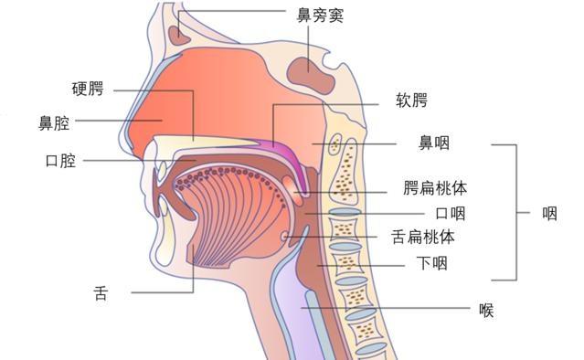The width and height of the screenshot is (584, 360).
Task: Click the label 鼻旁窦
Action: click(320, 16)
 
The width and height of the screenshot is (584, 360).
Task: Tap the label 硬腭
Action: click(88, 89)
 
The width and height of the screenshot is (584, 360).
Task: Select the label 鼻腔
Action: click(54, 123)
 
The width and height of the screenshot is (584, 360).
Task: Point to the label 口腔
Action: click(60, 161)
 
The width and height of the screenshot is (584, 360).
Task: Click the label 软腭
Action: click(411, 101)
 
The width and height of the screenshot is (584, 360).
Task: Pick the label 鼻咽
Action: click(434, 143)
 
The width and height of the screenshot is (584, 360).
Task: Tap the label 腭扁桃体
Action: click(435, 187)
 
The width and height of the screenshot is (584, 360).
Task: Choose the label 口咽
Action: click(451, 214)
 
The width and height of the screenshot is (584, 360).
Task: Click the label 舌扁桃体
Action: click(423, 237)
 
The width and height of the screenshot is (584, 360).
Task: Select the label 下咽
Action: click(431, 263)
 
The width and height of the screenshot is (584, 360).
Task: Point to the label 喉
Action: click(486, 310)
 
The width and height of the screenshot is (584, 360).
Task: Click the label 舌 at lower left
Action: click(101, 293)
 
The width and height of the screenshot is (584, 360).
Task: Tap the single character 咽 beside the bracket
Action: click(550, 214)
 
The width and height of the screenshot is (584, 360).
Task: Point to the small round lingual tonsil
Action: click(285, 236)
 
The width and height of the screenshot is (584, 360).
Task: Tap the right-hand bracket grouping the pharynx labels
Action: click(516, 212)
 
